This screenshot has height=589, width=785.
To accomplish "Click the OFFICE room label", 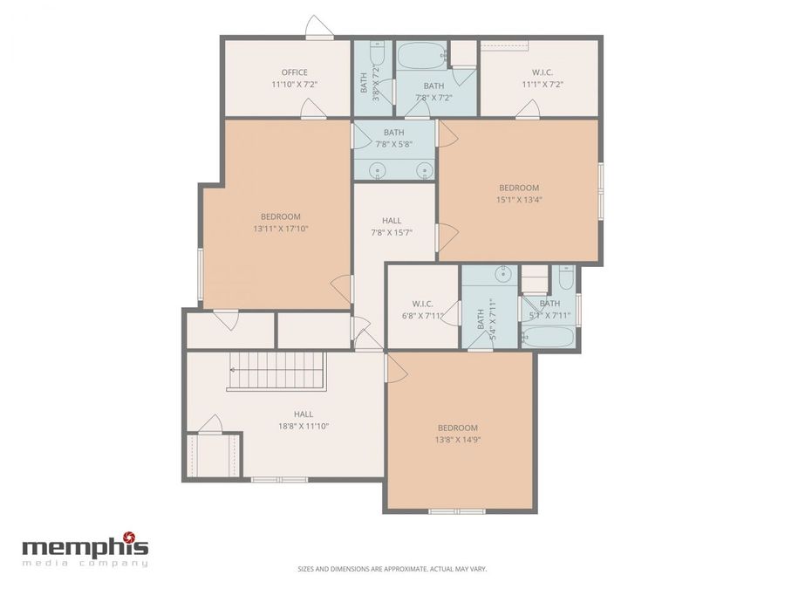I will tap(294, 72).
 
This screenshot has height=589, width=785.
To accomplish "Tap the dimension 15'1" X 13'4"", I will tap(518, 200).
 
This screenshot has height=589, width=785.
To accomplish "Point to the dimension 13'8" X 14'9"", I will tap(458, 440).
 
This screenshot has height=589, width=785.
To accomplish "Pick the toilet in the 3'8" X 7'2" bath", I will tap(376, 49).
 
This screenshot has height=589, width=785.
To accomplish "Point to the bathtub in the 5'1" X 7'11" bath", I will tap(549, 337).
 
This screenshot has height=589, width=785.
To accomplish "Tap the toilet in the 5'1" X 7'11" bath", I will tap(563, 280).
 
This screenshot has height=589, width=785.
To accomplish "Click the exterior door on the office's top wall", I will tap(318, 29).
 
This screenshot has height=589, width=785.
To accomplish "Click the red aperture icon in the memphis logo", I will tap(129, 536).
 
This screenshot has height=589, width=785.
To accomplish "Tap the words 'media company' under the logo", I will tap(85, 563).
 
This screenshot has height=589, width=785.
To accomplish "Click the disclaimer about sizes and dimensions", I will tap(404, 569).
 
